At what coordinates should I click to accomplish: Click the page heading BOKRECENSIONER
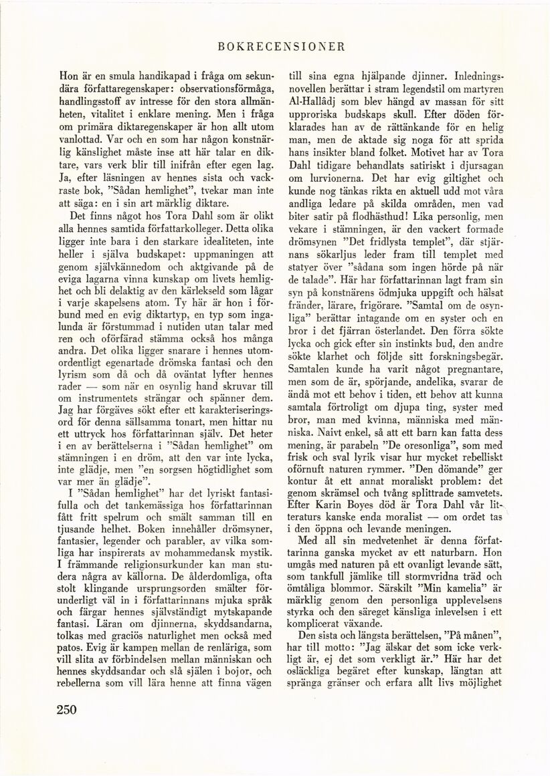pyautogui.click(x=281, y=47)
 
